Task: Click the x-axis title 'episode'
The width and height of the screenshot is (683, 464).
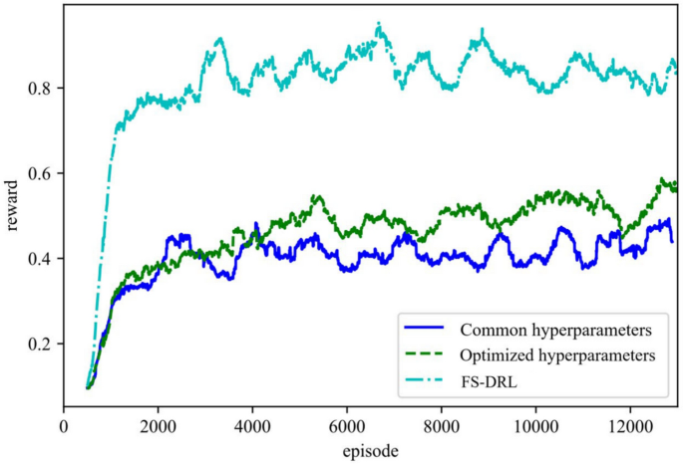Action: pos(368,449)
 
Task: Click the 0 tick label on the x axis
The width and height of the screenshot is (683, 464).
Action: pos(64,424)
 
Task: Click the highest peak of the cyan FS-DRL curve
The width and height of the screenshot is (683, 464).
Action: pos(379,24)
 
